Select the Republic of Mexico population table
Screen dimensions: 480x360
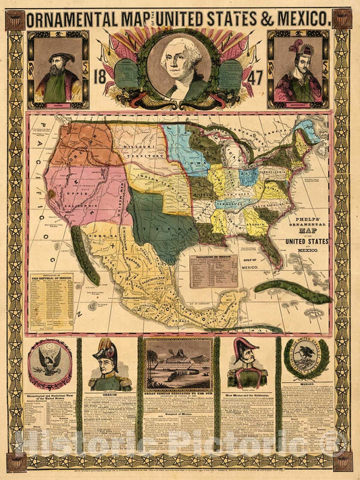click(51, 300)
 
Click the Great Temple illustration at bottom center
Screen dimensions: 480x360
click(179, 365)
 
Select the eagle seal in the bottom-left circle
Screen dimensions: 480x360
click(51, 362)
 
